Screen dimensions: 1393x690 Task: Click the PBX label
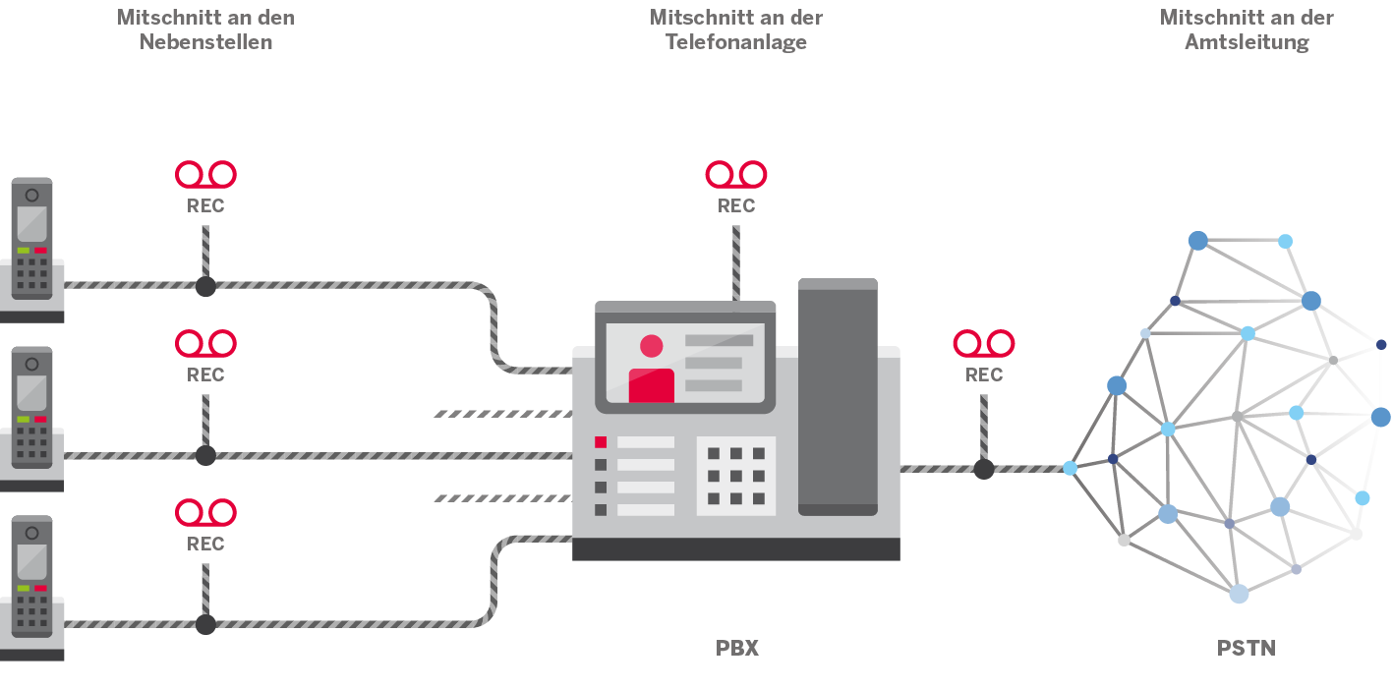737,649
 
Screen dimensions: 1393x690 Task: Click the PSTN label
1247,649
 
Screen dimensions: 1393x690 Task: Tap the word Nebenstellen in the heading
205,42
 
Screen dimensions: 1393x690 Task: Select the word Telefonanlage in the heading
736,42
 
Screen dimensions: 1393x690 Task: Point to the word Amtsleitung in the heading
1247,42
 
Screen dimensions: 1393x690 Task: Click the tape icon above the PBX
736,175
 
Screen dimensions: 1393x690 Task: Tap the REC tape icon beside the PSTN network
984,344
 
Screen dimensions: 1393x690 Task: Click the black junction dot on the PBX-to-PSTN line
984,469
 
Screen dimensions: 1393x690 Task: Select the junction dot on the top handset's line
205,287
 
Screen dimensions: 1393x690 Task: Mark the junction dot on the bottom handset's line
205,625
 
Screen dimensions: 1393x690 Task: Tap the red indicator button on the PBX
601,442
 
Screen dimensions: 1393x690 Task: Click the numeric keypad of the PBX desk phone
736,476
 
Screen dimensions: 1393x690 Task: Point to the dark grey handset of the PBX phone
838,397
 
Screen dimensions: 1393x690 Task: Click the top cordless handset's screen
31,224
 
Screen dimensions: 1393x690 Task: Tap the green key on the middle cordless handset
24,420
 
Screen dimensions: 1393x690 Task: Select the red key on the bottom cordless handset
40,588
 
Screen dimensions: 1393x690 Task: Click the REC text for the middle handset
205,374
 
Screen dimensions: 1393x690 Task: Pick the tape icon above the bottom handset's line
205,513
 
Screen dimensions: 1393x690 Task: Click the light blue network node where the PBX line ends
1070,468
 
